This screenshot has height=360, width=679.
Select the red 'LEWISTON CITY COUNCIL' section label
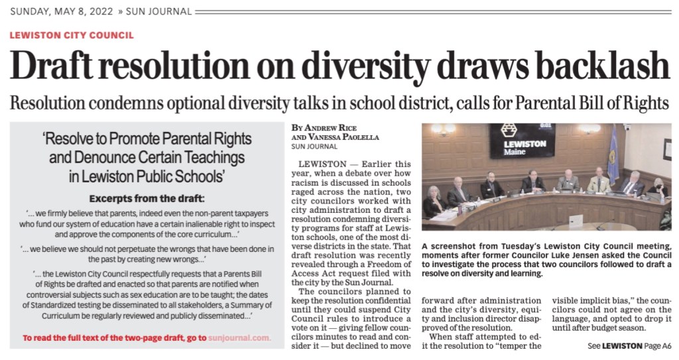72,35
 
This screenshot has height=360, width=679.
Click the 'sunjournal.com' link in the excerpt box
239,338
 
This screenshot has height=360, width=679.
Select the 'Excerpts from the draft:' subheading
147,198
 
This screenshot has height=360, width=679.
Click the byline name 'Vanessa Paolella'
341,137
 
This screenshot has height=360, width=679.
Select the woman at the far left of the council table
434,201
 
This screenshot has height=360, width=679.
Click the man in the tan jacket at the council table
599,180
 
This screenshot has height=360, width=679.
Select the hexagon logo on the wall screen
509,130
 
